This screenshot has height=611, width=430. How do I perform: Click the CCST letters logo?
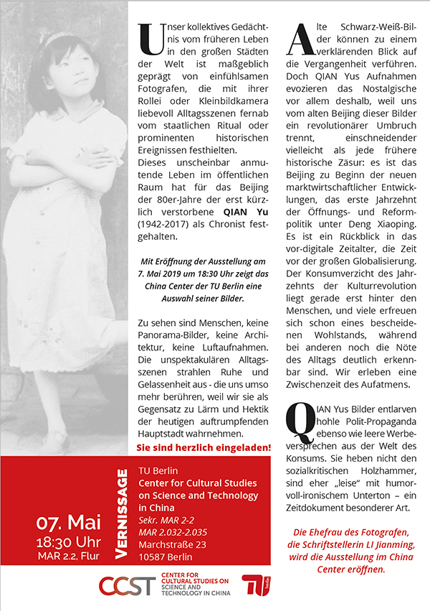tap(127, 584)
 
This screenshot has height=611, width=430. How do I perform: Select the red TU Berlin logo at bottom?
tap(257, 585)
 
